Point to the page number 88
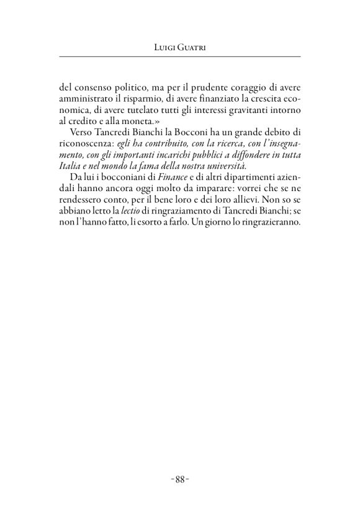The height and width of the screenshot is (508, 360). point(179,479)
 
